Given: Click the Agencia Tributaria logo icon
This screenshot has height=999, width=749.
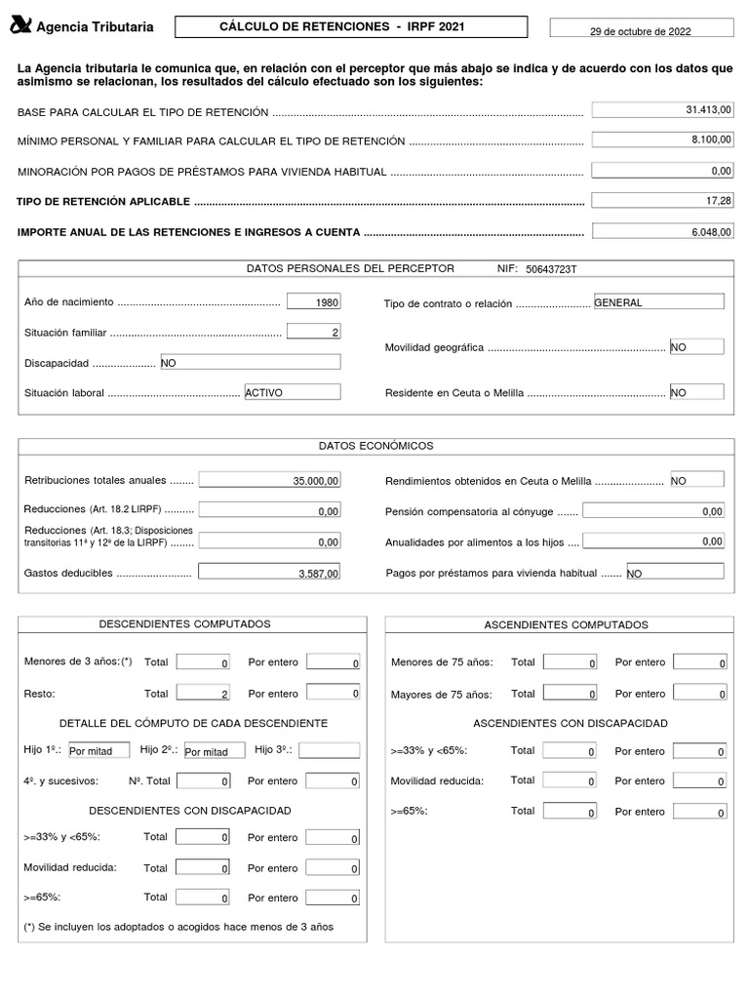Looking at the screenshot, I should [20, 26].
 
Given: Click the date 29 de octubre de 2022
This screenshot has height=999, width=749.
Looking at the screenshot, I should [641, 31].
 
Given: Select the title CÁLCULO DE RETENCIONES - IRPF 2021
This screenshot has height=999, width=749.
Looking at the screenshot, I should [351, 27].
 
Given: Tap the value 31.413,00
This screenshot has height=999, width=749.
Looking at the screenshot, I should [662, 110].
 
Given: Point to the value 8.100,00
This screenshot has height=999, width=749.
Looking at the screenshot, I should [662, 140].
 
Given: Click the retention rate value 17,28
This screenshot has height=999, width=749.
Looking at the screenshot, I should [662, 200].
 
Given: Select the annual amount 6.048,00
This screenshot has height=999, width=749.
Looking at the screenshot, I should [662, 231].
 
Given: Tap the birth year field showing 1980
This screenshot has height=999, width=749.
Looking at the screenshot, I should [314, 302].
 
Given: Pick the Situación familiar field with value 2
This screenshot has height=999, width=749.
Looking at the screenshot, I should [314, 332].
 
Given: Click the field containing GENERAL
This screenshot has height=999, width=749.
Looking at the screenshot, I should [658, 301].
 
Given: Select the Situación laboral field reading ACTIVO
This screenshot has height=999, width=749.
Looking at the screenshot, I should [292, 392].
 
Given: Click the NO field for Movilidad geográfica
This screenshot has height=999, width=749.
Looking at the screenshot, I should [696, 346].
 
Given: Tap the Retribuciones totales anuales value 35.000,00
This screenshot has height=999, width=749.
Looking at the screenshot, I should [269, 480].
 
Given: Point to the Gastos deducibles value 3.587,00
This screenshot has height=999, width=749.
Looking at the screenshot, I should [269, 574].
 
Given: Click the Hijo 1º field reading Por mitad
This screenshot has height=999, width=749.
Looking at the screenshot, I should [98, 751].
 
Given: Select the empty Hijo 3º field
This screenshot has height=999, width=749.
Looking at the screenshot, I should [329, 750].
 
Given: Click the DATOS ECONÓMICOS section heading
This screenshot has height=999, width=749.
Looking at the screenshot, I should [375, 446].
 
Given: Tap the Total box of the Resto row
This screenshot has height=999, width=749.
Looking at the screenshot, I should [203, 694].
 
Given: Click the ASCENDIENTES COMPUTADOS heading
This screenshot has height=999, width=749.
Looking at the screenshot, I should [566, 624].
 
